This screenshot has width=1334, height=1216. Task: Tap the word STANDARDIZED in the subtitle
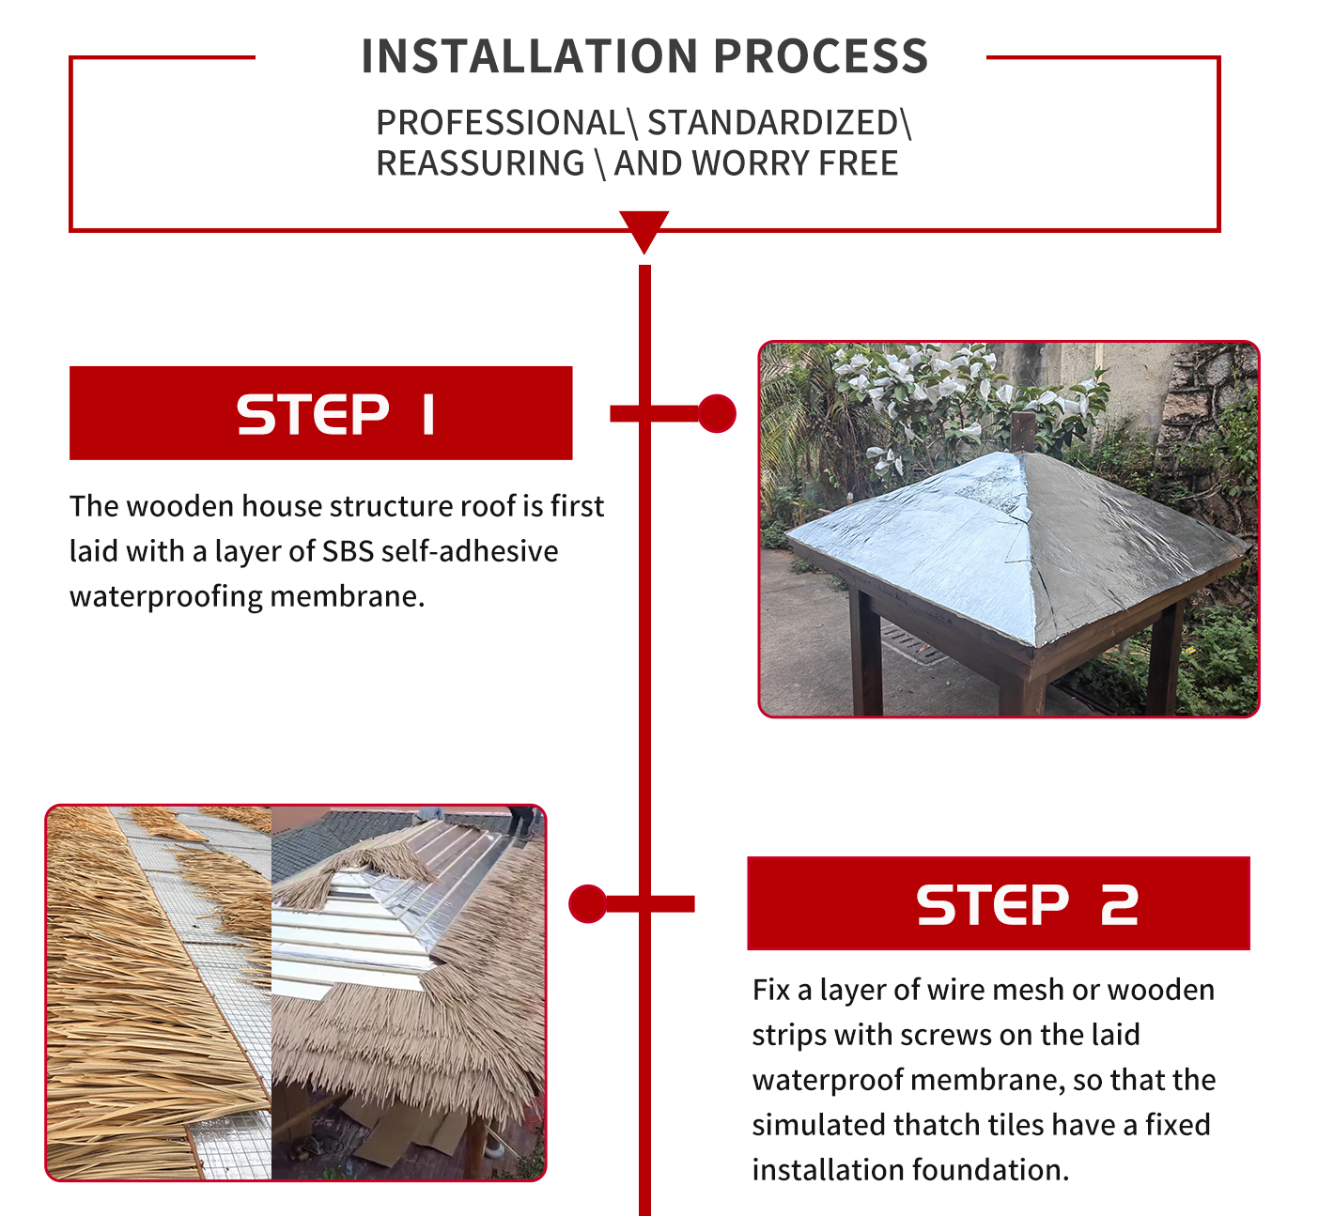tap(772, 123)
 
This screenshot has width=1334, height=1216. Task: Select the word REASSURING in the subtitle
tap(480, 163)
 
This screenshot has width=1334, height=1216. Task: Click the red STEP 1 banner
tap(320, 413)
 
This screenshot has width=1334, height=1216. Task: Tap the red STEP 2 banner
tap(998, 903)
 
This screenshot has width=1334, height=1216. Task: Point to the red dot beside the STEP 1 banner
tap(717, 413)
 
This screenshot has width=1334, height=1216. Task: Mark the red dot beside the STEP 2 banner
tap(588, 903)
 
